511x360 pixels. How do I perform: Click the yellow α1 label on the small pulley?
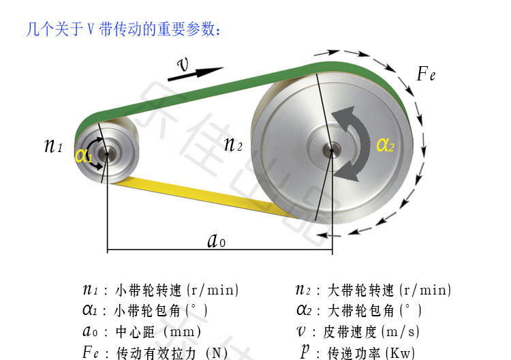pos(84,155)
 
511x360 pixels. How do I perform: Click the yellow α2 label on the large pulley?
pos(385,145)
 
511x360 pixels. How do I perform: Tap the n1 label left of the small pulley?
pos(53,145)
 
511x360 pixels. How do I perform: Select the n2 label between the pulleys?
pos(233,144)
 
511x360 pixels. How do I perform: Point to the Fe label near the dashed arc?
pos(426,74)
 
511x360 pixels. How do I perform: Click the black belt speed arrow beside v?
pos(205,72)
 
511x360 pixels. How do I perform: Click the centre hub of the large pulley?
pos(332,149)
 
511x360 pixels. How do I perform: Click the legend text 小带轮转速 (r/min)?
pos(177,290)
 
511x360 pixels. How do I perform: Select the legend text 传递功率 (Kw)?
pos(371,353)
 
